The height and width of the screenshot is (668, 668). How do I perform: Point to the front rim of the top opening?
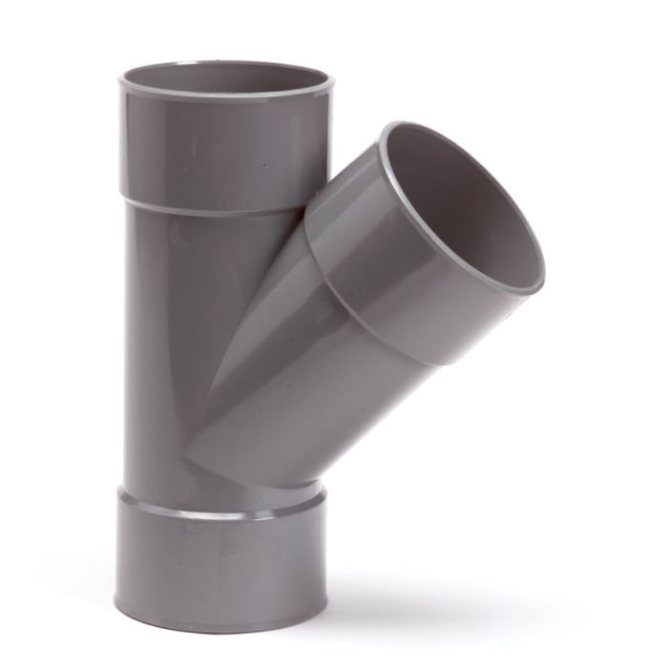coord(224,99)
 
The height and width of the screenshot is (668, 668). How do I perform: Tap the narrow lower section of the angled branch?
coord(277,401)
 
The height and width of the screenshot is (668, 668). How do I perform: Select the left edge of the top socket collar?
coord(122,143)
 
